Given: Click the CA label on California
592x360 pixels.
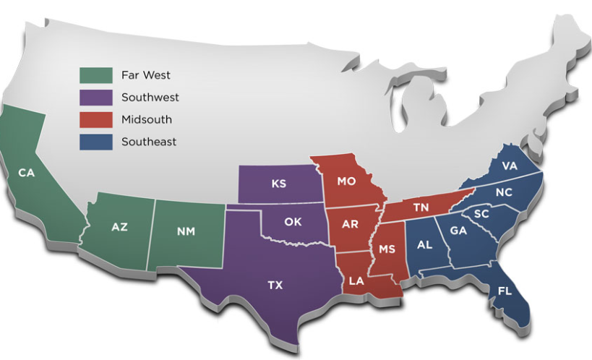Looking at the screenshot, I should click(x=27, y=173).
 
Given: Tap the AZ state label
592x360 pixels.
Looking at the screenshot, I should click(x=119, y=227).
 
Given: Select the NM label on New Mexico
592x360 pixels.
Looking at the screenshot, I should click(x=185, y=232).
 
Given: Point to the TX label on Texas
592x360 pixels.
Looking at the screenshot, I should click(x=275, y=286).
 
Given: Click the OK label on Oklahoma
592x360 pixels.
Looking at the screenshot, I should click(x=293, y=222).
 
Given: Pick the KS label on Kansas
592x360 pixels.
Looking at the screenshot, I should click(x=279, y=184).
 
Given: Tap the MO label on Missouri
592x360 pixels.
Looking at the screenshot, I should click(x=346, y=181).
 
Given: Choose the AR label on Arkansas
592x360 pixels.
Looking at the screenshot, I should click(x=350, y=224).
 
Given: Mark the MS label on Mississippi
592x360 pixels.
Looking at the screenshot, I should click(x=387, y=249).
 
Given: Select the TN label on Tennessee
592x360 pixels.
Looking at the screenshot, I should click(x=421, y=207).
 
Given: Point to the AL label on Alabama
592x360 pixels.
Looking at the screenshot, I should click(x=424, y=244).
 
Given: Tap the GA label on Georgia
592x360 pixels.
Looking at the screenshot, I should click(x=458, y=231).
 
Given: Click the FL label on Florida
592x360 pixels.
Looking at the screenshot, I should click(x=505, y=291).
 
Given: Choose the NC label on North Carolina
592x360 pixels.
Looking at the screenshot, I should click(x=505, y=193).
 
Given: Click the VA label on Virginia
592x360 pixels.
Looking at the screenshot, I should click(x=510, y=166).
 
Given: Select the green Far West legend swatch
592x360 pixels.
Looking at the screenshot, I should click(x=96, y=75).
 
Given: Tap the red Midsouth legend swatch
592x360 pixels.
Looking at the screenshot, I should click(x=96, y=119).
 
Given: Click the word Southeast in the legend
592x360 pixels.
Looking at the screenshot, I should click(x=149, y=142).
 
